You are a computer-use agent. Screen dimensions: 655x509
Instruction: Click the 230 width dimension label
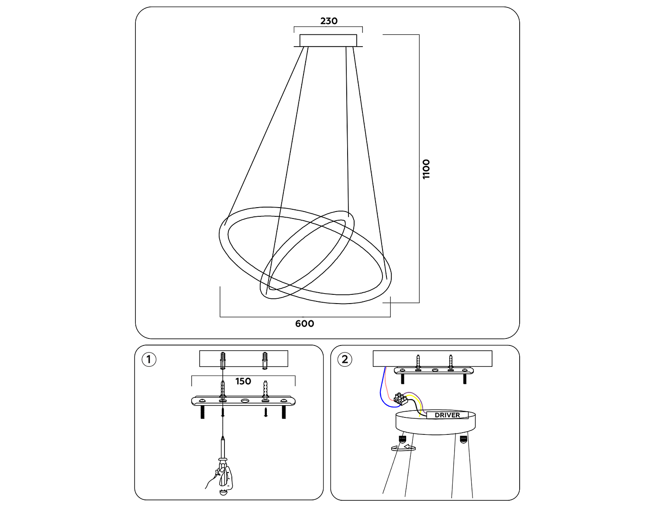(x=328, y=21)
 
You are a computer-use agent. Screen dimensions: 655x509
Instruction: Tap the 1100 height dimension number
(x=426, y=169)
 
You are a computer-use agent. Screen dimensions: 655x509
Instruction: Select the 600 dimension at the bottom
(x=304, y=324)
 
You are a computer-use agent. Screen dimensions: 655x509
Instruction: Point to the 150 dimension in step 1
(x=243, y=381)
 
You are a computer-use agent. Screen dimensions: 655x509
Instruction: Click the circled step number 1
(x=149, y=359)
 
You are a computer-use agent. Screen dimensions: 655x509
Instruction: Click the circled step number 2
(x=345, y=359)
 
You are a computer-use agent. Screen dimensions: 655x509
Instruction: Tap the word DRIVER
(x=447, y=415)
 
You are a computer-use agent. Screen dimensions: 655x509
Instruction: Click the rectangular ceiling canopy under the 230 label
(x=328, y=40)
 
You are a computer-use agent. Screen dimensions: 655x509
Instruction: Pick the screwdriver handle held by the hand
(x=223, y=475)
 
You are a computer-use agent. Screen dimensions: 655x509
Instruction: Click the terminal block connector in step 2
(x=400, y=399)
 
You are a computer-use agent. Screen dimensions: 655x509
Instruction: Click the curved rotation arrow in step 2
(x=403, y=448)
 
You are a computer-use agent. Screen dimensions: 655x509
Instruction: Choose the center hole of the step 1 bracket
(x=245, y=401)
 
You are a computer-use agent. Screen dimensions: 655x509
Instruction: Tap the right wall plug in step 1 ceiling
(x=265, y=360)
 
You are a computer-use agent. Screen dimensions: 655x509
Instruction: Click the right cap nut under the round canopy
(x=463, y=439)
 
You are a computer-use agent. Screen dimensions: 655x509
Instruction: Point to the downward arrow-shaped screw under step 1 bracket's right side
(x=265, y=412)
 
